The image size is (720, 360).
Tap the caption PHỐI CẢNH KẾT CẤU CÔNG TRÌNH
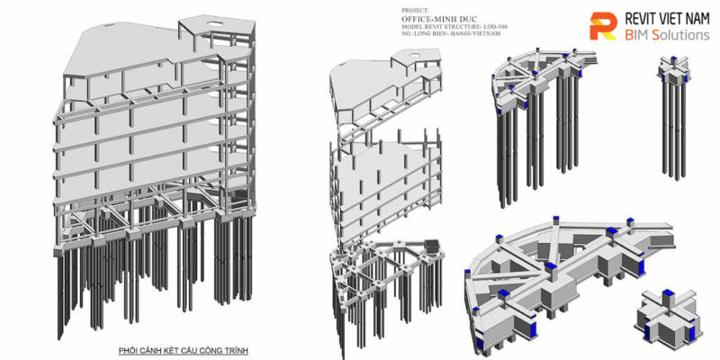tap(183, 349)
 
